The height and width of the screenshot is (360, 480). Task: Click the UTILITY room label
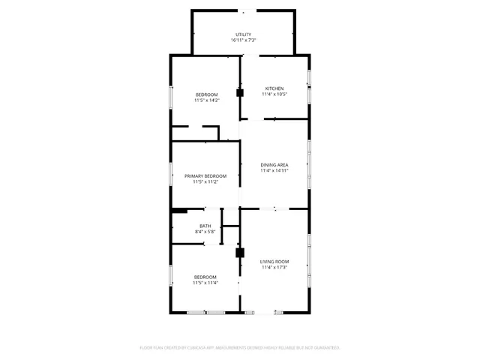click(243, 34)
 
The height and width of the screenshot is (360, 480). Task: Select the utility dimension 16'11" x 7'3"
click(243, 40)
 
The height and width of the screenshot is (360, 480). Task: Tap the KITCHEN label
click(274, 88)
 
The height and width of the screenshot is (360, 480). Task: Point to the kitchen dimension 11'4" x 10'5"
click(274, 94)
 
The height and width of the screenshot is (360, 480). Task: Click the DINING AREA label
click(274, 165)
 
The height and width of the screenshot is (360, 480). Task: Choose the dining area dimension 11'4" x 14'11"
click(274, 171)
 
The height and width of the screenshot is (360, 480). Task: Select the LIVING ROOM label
click(274, 261)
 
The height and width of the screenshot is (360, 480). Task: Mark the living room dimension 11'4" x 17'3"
click(274, 267)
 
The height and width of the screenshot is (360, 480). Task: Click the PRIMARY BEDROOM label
click(205, 175)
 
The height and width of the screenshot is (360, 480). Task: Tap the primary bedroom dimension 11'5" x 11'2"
click(205, 181)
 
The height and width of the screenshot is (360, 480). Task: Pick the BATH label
click(205, 226)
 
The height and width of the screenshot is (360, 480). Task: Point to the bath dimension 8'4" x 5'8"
click(205, 232)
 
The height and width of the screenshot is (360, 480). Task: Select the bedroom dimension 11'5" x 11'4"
click(205, 283)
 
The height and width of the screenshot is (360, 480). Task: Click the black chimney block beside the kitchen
click(240, 94)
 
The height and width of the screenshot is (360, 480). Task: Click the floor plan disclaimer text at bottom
click(240, 348)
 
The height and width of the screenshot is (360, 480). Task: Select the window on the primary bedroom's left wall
click(172, 175)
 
